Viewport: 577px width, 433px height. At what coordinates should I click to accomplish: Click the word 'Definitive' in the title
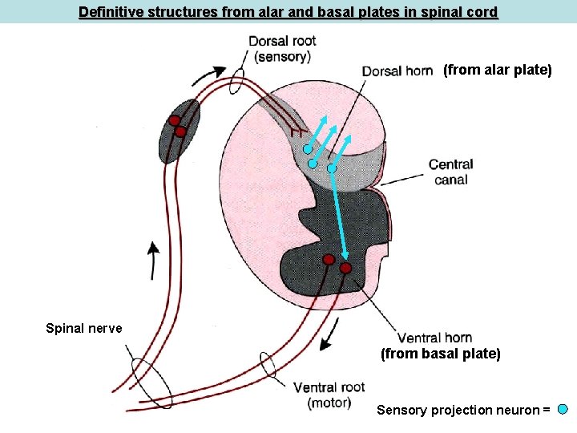(108, 13)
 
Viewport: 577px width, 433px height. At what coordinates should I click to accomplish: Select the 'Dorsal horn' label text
(397, 71)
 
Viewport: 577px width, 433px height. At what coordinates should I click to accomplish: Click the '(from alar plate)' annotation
(498, 71)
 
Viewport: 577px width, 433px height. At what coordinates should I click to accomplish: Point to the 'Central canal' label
(450, 172)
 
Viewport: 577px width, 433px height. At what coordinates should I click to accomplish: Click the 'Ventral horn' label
(434, 338)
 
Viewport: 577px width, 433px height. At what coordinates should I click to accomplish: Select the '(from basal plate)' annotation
(440, 354)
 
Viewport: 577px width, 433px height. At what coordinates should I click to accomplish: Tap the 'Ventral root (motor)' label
(329, 395)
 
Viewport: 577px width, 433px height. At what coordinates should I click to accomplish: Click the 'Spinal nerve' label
(84, 328)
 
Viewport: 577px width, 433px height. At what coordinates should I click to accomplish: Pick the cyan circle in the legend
(563, 410)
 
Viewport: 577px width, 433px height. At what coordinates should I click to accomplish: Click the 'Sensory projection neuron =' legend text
(463, 411)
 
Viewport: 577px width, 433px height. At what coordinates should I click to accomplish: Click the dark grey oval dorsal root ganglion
(178, 131)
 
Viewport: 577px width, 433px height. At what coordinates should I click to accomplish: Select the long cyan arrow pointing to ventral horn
(338, 216)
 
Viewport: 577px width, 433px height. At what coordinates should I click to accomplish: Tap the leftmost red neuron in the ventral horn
(329, 260)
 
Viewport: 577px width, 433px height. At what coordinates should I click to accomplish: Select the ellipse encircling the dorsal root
(238, 79)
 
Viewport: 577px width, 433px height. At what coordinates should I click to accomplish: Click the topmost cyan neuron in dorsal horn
(308, 149)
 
